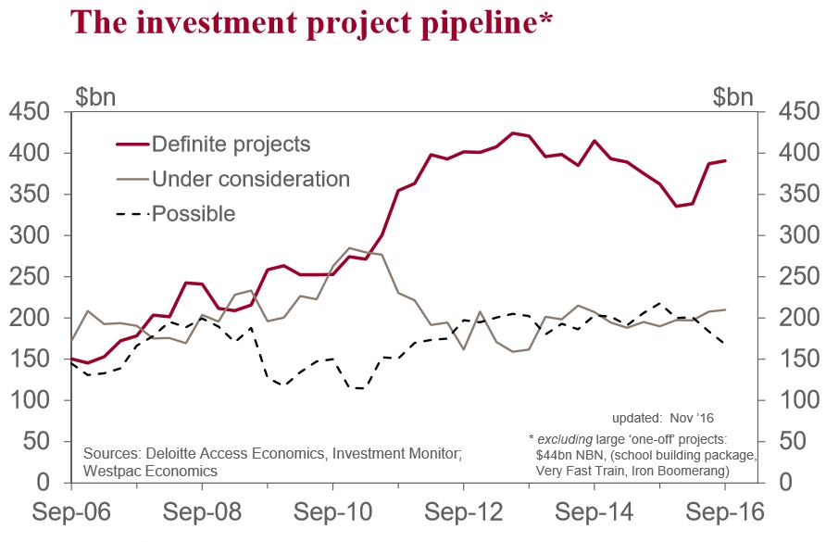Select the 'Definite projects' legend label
pos(231,145)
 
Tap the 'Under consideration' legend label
pos(250,179)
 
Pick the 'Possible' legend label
pos(194,214)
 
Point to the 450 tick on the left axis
pos(31,112)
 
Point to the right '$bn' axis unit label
pos(734,95)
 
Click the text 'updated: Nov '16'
pos(663,418)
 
